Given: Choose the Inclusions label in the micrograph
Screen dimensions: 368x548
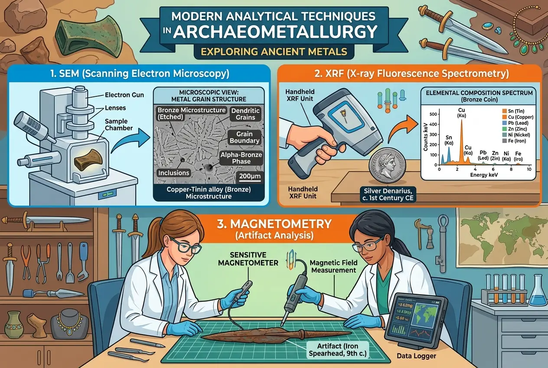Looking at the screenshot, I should (173, 173).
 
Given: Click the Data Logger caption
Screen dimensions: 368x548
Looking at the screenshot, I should (416, 356).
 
